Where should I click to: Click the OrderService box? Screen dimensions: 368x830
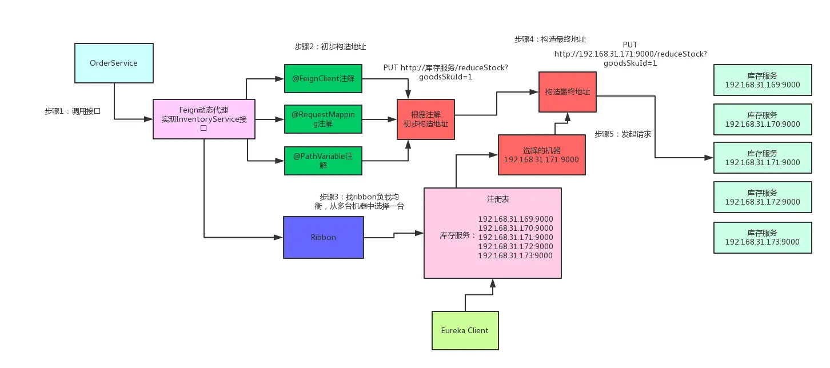pos(114,63)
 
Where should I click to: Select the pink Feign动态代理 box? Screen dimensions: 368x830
pos(204,119)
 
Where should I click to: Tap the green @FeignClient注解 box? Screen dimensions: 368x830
pos(323,79)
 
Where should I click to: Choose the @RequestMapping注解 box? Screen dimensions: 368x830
pos(323,119)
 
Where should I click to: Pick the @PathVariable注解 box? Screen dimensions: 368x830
pos(323,161)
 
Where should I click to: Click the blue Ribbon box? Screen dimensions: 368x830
pos(323,237)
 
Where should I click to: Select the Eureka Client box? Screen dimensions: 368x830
pos(465,330)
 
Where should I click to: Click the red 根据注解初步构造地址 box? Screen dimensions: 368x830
pos(425,119)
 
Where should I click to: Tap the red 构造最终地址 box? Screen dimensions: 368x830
pos(567,91)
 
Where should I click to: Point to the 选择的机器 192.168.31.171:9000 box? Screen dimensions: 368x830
pos(541,155)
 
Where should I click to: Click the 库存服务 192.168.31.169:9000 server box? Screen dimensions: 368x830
pos(762,80)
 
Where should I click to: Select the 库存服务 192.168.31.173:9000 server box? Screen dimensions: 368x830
pos(762,238)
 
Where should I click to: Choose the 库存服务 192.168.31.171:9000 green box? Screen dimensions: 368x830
pos(762,158)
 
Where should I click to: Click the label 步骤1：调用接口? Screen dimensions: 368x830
pos(73,111)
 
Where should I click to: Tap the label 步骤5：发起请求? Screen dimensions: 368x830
pos(623,134)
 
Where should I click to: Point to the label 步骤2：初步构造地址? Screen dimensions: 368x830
pos(330,47)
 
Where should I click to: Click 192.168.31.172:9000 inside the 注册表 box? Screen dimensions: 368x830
pos(515,246)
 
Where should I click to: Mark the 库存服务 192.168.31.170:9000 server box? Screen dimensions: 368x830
pos(762,119)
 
